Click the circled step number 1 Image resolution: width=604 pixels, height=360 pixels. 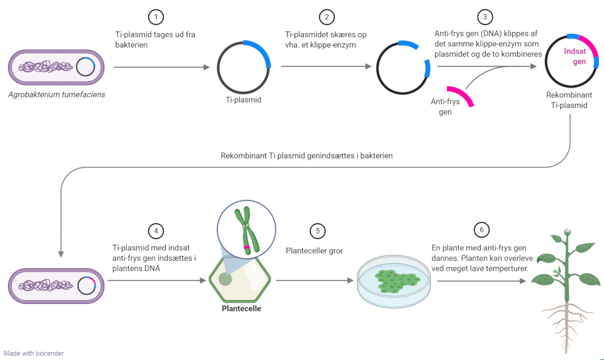pos(157,17)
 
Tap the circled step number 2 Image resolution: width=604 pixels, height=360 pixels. pos(326,17)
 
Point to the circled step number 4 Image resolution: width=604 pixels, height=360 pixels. pos(157,231)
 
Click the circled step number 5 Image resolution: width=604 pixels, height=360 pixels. pos(317,231)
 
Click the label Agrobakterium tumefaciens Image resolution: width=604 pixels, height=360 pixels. pos(57,94)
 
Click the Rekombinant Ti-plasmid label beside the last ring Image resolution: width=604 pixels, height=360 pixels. pos(569,100)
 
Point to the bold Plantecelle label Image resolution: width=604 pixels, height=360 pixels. pos(241,308)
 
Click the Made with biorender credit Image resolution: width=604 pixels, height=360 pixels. pos(34,353)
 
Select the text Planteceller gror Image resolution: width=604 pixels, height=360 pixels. pos(314,251)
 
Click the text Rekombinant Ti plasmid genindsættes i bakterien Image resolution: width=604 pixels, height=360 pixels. pos(306,156)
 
